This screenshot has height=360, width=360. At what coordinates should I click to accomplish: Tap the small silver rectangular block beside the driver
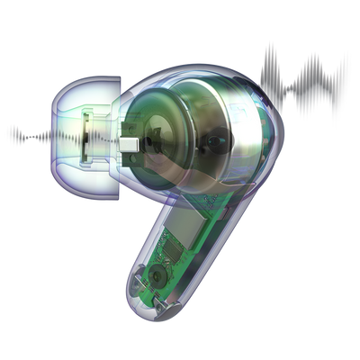(x=131, y=141)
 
